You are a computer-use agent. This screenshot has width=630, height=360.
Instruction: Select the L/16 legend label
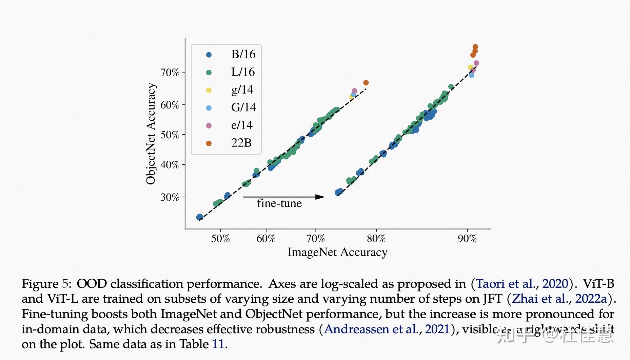click(x=243, y=72)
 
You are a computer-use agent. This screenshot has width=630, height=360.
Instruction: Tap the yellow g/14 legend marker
click(x=209, y=90)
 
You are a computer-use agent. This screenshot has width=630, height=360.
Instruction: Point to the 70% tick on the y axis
click(x=170, y=72)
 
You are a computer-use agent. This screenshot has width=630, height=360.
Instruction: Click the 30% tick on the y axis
click(x=170, y=197)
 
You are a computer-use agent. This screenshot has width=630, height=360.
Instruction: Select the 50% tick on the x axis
click(x=220, y=238)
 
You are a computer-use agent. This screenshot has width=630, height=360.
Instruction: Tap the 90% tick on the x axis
click(x=467, y=238)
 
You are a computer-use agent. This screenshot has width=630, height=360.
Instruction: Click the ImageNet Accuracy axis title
click(x=337, y=252)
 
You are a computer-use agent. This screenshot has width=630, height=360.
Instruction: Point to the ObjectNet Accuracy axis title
click(x=151, y=134)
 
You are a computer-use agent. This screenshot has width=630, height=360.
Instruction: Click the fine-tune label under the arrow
click(x=279, y=203)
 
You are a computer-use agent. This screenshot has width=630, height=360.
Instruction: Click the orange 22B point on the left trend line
click(x=366, y=83)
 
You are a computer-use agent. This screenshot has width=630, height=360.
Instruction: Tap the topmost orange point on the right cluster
click(x=475, y=47)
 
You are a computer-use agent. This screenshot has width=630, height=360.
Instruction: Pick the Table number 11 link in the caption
click(x=218, y=344)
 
